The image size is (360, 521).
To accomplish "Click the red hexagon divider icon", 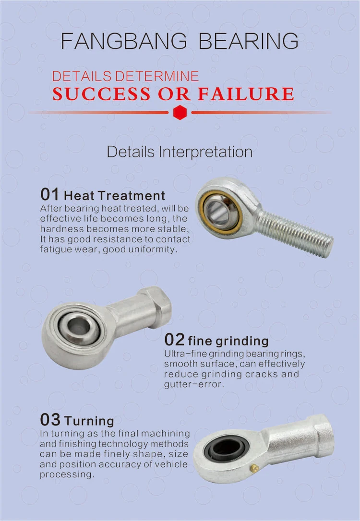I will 180,113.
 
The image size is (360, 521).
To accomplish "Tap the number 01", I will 49,195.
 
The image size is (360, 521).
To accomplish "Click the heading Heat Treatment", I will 114,196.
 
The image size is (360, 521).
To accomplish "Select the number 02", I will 174,340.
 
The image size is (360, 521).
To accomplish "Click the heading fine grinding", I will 228,341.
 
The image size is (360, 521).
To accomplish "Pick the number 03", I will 50,420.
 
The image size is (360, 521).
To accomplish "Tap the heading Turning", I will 89,421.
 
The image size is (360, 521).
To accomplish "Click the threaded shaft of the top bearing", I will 296,232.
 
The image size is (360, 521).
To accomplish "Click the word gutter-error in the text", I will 193,384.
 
